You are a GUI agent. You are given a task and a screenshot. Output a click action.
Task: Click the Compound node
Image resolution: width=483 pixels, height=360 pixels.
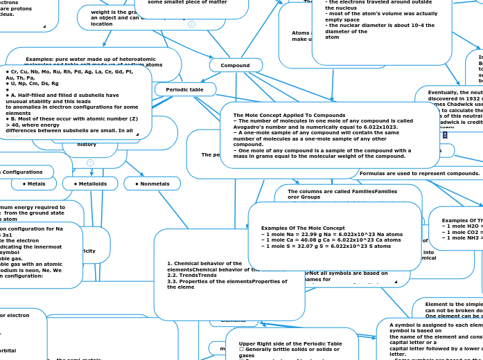click(x=235, y=65)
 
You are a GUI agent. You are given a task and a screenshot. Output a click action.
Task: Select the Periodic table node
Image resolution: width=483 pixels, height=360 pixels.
click(x=185, y=89)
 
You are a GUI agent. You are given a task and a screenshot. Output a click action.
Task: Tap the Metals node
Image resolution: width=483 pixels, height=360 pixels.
click(x=34, y=183)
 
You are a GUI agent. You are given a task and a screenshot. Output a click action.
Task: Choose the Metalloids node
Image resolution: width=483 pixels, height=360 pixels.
click(x=90, y=183)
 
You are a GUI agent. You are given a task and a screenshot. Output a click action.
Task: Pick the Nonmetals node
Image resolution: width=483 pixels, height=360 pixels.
click(x=152, y=183)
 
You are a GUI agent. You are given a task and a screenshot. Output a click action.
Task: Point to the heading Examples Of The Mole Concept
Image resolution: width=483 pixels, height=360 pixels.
click(x=303, y=228)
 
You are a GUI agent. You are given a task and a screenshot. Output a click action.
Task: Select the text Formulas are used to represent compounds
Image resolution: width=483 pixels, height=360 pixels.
click(x=419, y=173)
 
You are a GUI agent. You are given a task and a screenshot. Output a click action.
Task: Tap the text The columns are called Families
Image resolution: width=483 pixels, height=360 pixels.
click(x=342, y=191)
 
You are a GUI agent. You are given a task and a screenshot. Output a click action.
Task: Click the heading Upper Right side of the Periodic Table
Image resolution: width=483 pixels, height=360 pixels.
click(x=290, y=343)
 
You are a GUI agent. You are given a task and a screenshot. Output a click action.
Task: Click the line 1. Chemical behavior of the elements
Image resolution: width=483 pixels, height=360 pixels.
click(x=204, y=264)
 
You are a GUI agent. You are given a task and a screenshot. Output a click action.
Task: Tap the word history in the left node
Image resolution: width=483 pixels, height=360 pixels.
click(x=87, y=144)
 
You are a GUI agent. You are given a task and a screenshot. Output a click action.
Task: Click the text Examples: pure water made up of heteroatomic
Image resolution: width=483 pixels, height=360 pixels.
click(x=94, y=60)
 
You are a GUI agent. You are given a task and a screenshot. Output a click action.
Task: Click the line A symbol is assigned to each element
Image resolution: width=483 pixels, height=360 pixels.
click(x=435, y=325)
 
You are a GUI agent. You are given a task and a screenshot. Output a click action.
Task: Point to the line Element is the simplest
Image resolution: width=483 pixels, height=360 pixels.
click(x=454, y=304)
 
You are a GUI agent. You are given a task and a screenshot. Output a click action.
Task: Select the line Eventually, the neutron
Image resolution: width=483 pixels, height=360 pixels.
click(x=455, y=92)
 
